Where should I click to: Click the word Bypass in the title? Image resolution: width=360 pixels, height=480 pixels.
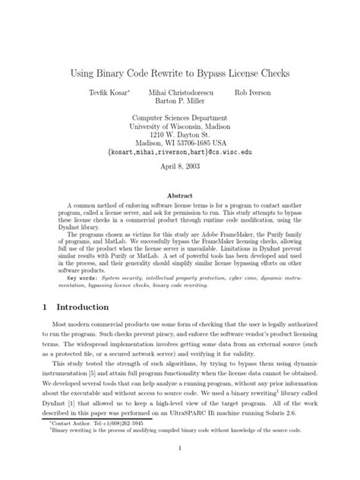[219, 74]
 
